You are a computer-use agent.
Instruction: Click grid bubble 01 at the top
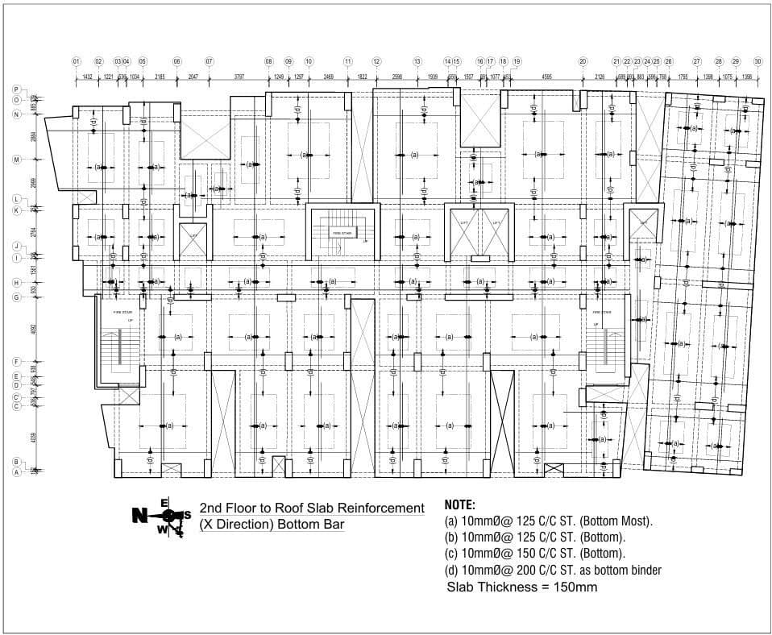(76, 61)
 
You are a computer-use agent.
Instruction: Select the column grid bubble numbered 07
(209, 61)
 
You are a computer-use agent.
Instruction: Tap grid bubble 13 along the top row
(417, 61)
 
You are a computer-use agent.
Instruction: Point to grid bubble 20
(583, 61)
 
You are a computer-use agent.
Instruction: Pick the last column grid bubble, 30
(757, 61)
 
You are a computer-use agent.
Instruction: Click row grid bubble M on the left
(16, 160)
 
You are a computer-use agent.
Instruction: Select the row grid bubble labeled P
(16, 89)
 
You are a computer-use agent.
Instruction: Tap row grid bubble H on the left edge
(16, 283)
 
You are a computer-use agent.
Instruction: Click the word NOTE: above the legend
(460, 504)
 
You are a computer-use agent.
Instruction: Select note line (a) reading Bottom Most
(549, 521)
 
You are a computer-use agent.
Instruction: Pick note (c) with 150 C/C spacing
(534, 554)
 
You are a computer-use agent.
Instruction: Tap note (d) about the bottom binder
(553, 571)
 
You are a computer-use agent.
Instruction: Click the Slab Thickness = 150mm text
(521, 587)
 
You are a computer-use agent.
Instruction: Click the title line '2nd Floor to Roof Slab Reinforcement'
(311, 508)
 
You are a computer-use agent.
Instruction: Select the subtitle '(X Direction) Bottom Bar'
(272, 525)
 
